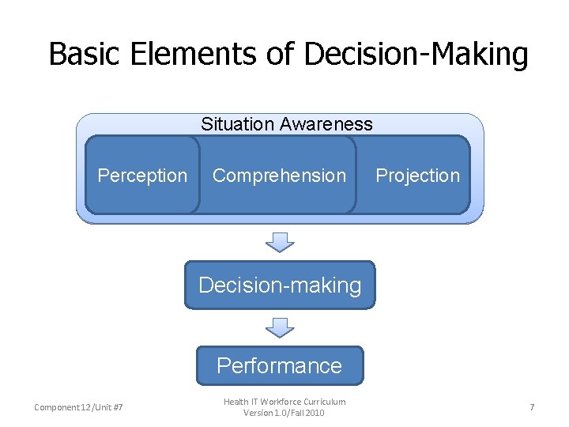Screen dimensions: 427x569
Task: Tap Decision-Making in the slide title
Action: point(416,54)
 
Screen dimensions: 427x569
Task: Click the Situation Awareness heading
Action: point(286,124)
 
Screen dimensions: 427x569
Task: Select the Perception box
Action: point(142,176)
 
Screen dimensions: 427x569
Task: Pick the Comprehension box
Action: point(279,176)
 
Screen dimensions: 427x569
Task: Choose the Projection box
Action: point(417,176)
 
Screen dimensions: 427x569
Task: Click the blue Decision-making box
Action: point(280,285)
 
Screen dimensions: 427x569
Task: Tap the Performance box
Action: point(279,365)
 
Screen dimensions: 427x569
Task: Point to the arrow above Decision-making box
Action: point(280,241)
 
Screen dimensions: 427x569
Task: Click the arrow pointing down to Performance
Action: point(280,327)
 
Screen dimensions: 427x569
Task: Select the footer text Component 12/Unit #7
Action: point(78,407)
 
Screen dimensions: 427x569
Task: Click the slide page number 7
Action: point(532,407)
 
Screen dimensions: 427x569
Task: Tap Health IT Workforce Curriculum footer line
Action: point(284,402)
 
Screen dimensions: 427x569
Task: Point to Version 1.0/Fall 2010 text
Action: point(284,413)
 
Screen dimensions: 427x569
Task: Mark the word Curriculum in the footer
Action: point(327,402)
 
